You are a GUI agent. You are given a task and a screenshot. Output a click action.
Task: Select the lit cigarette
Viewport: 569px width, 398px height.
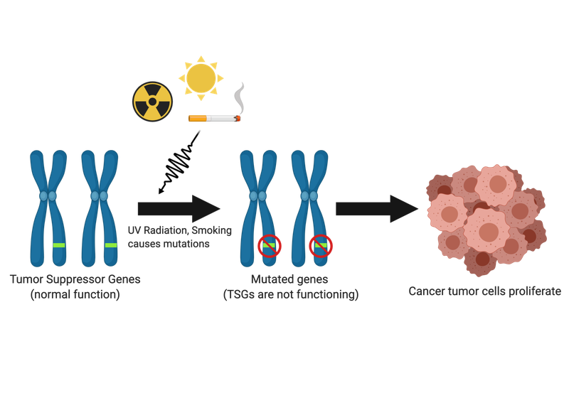tap(213, 118)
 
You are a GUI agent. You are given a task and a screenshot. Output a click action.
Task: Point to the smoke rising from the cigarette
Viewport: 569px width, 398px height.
tap(241, 97)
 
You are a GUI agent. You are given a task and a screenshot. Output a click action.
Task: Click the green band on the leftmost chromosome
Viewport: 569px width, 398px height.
tap(58, 245)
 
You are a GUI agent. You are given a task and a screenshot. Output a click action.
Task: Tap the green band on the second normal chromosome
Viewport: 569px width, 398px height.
tap(111, 245)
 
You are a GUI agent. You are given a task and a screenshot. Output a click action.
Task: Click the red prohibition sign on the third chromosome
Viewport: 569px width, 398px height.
tap(270, 246)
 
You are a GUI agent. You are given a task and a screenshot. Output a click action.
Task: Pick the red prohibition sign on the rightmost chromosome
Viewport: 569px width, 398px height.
tap(321, 246)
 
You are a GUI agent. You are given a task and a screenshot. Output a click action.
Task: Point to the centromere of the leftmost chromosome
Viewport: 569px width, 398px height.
tap(48, 195)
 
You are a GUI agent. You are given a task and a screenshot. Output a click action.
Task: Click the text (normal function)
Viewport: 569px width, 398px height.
tap(75, 294)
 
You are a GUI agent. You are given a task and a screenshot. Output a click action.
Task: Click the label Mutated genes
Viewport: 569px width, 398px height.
tap(289, 279)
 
